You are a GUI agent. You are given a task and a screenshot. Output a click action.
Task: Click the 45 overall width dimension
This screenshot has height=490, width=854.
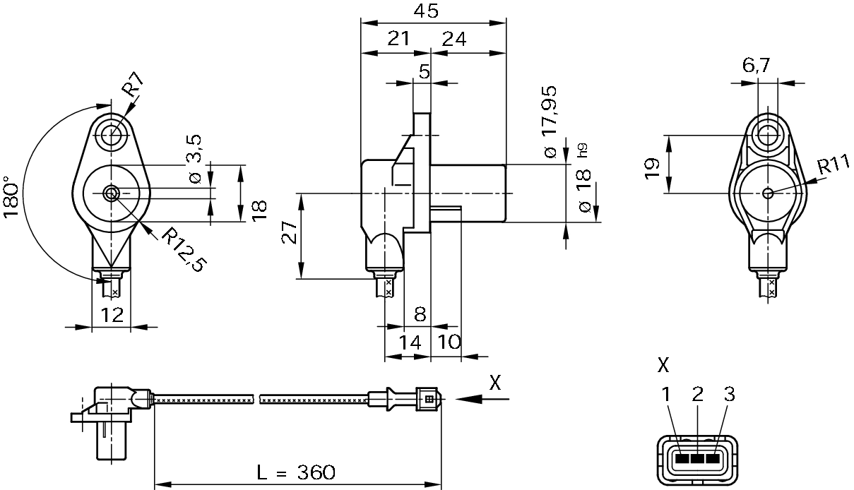coord(427,11)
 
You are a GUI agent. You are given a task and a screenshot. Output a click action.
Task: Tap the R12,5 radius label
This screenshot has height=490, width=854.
coord(183,249)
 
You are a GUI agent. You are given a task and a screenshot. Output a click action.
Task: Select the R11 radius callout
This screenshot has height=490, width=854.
coord(834,167)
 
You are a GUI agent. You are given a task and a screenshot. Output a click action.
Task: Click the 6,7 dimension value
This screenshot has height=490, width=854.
coord(756,66)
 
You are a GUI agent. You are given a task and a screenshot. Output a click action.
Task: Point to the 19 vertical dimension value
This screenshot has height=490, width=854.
coord(651,167)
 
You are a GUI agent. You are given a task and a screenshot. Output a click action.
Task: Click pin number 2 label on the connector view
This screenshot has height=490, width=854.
coord(698,395)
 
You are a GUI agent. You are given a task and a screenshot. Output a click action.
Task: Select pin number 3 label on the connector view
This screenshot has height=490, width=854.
coord(728,395)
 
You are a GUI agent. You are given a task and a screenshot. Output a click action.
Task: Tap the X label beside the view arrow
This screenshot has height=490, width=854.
coord(495,383)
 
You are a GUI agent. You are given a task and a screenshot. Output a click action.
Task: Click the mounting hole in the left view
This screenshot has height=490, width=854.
coord(110,134)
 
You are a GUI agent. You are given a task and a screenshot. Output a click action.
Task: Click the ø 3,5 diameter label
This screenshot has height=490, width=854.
coord(196,159)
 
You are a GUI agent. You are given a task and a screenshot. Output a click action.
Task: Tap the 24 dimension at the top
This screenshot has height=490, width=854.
coord(453,39)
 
